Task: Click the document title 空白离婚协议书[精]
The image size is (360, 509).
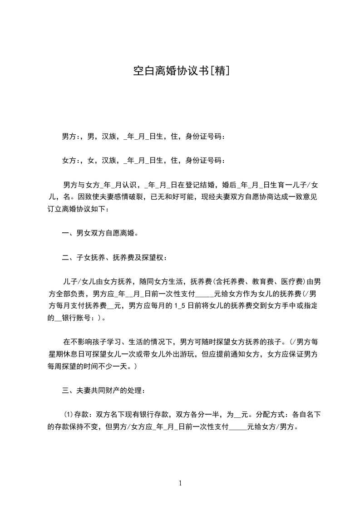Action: click(180, 71)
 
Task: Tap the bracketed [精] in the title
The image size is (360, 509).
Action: click(219, 71)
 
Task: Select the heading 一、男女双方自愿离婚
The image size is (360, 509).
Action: click(100, 234)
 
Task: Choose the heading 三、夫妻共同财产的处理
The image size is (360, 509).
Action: click(104, 391)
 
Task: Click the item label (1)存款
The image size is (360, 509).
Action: click(74, 415)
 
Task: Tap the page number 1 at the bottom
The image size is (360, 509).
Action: click(180, 484)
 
